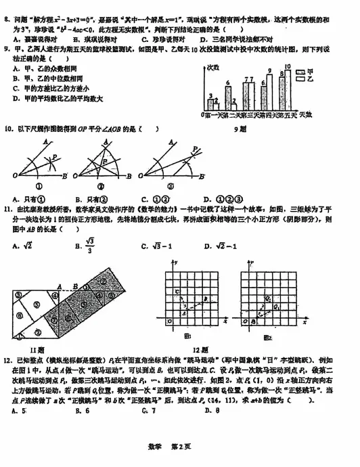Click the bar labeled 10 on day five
point(287,89)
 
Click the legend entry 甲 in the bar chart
point(306,70)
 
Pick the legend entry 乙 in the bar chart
point(306,79)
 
